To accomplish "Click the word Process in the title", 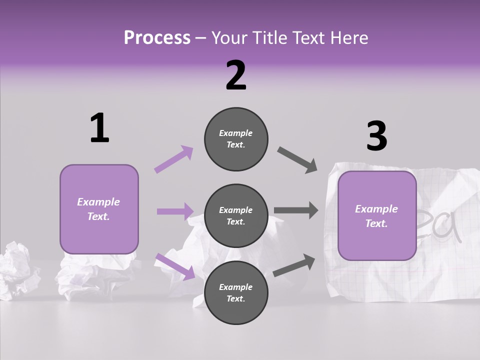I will pyautogui.click(x=157, y=37).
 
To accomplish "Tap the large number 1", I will pyautogui.click(x=99, y=128).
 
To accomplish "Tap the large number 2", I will pyautogui.click(x=236, y=75).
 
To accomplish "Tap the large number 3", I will pyautogui.click(x=376, y=136).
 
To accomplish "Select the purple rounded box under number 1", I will pyautogui.click(x=99, y=209).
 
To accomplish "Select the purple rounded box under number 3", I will pyautogui.click(x=377, y=216).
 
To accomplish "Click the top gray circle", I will pyautogui.click(x=236, y=139).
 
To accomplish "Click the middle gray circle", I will pyautogui.click(x=236, y=215).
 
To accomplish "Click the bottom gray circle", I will pyautogui.click(x=236, y=292).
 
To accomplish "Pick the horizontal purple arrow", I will pyautogui.click(x=175, y=211).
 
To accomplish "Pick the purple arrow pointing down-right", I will pyautogui.click(x=175, y=266).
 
